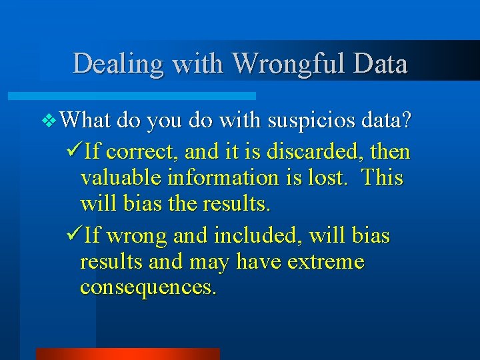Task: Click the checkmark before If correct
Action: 75,151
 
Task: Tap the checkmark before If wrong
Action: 75,235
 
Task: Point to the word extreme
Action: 326,262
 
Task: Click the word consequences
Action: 147,287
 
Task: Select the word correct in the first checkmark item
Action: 141,153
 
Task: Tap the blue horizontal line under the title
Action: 147,96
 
